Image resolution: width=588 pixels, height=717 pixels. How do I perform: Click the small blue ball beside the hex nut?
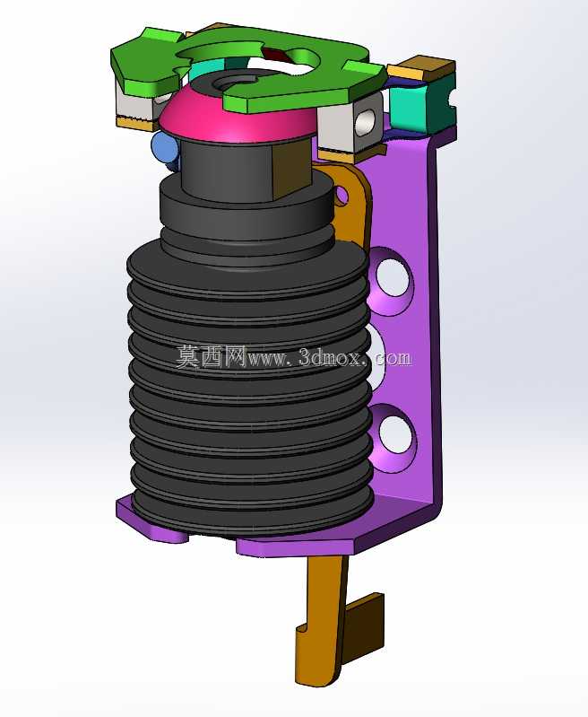tap(163, 147)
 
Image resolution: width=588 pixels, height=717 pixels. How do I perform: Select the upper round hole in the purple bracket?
tap(393, 275)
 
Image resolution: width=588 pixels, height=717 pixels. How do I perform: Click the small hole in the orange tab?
tap(342, 197)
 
